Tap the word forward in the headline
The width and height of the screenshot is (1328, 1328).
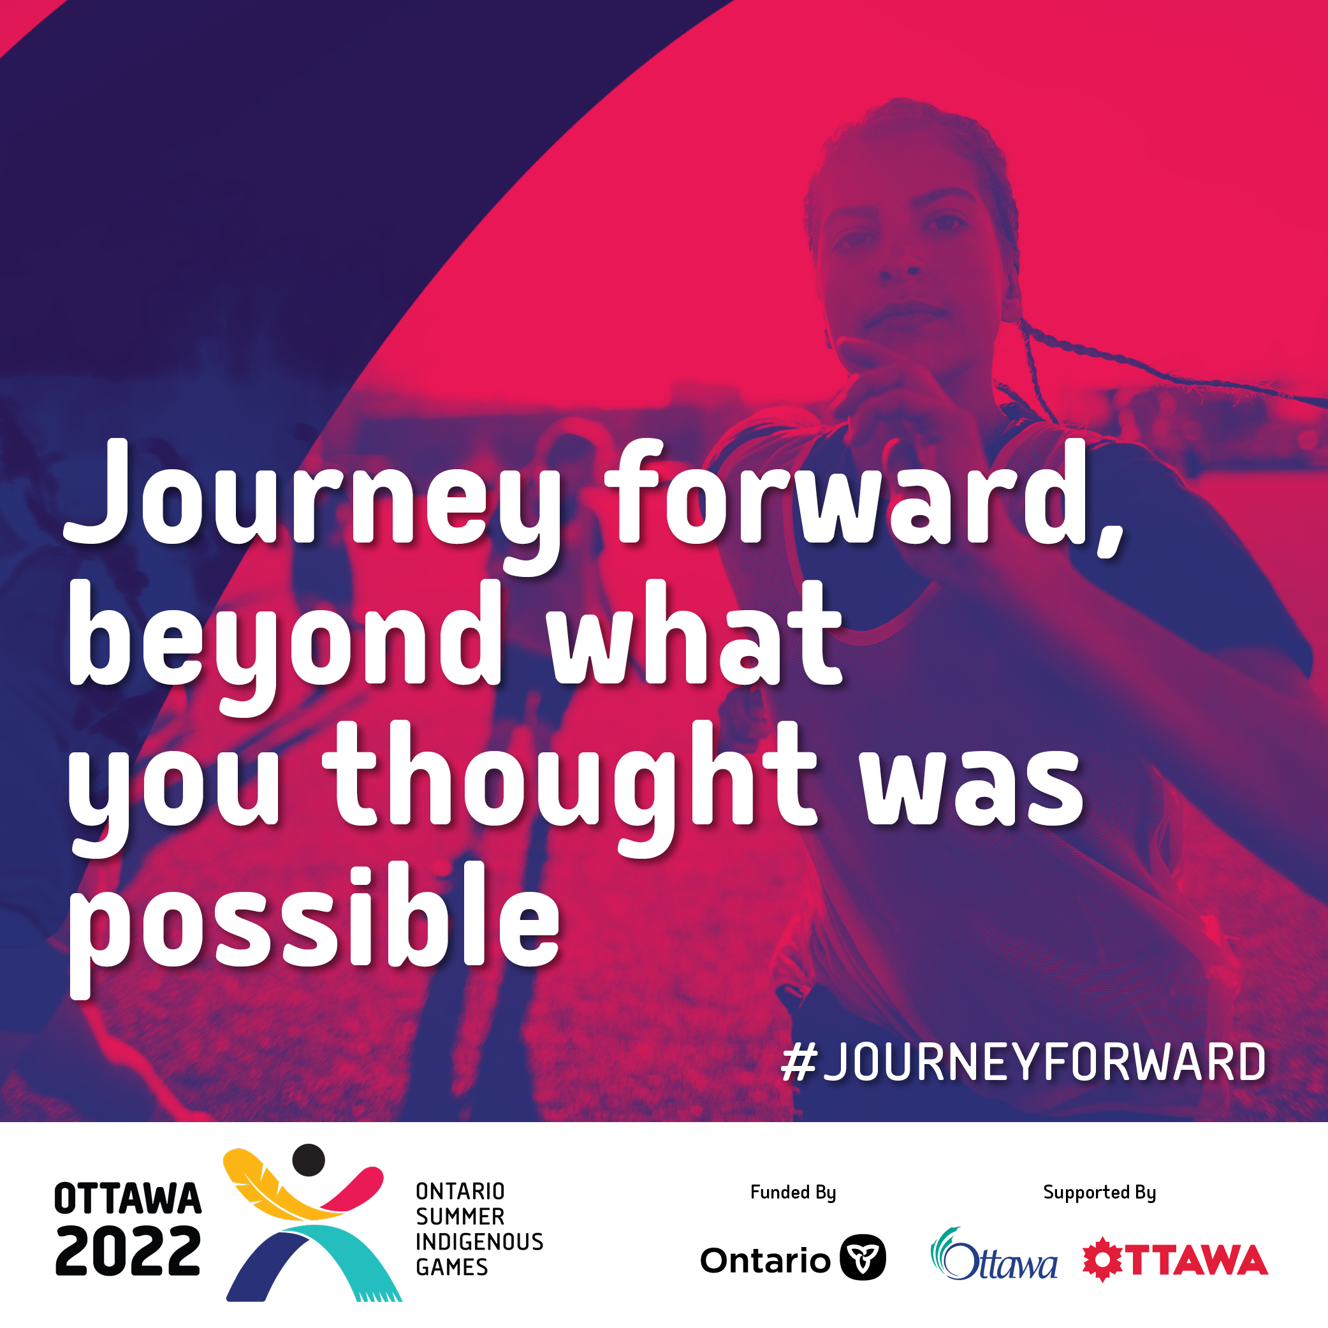[850, 492]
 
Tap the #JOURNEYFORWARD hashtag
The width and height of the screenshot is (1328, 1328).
[1023, 1062]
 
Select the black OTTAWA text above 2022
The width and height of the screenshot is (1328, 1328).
[128, 1199]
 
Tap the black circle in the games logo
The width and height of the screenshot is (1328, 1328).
[309, 1160]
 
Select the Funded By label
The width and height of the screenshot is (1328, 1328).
[793, 1193]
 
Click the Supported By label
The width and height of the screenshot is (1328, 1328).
[1100, 1193]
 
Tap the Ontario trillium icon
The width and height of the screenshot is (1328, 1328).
[863, 1258]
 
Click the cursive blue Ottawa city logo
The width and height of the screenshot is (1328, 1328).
[993, 1255]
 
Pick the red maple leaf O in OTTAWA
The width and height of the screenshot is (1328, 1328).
[1102, 1260]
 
